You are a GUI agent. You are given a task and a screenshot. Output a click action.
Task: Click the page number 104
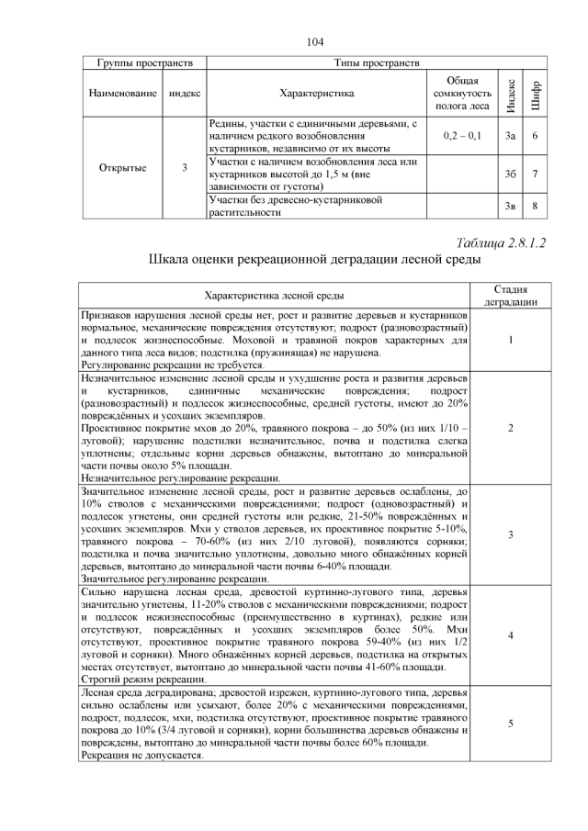(x=315, y=41)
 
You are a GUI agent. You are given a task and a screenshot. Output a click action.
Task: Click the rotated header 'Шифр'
(x=536, y=94)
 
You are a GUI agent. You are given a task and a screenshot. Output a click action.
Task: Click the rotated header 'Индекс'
(x=511, y=94)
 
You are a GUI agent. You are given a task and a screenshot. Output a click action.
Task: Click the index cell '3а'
(x=511, y=136)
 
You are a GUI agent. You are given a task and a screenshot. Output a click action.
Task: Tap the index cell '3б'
(x=511, y=174)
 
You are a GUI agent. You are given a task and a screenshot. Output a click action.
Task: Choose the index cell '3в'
(x=511, y=206)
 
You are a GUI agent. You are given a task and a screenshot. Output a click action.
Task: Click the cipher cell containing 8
(x=535, y=206)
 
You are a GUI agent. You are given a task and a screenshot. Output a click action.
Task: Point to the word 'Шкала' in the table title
(x=170, y=260)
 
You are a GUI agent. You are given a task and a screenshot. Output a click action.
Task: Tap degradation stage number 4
(x=510, y=635)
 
